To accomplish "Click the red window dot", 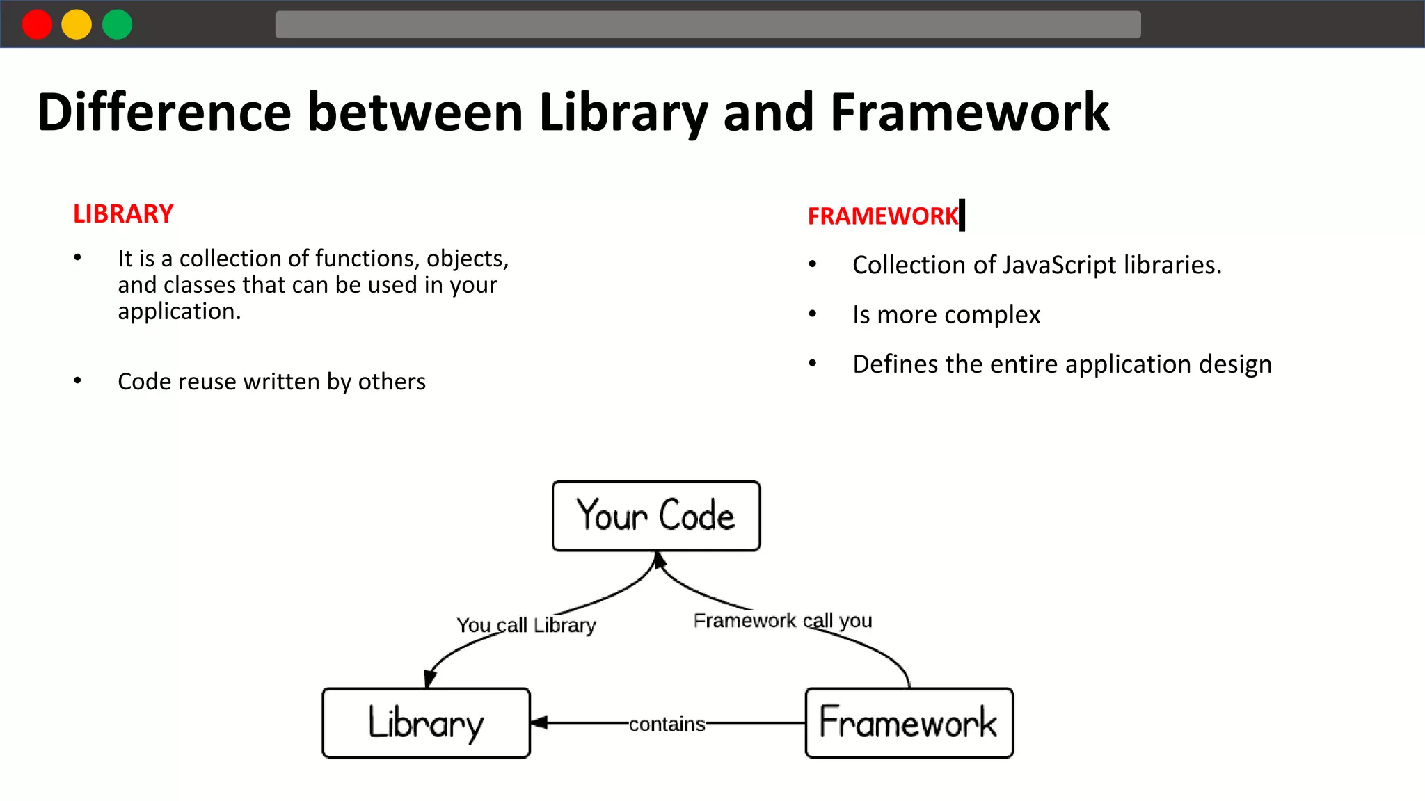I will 37,25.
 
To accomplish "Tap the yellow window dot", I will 77,25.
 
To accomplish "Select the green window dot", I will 117,25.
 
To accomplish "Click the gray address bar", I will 708,25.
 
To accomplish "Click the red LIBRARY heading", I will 123,214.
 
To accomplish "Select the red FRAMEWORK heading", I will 882,216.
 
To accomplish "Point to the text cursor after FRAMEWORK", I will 962,214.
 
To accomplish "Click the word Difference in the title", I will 164,113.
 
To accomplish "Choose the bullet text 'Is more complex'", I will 946,315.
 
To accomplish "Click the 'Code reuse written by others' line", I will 271,382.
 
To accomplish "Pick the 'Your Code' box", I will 655,516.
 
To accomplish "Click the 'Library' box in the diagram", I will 426,723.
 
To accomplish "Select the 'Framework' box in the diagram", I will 909,723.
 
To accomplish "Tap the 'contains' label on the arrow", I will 667,725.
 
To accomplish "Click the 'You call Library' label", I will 526,625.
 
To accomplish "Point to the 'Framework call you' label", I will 782,620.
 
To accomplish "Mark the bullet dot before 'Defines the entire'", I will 812,364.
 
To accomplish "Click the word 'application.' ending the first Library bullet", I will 179,311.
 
